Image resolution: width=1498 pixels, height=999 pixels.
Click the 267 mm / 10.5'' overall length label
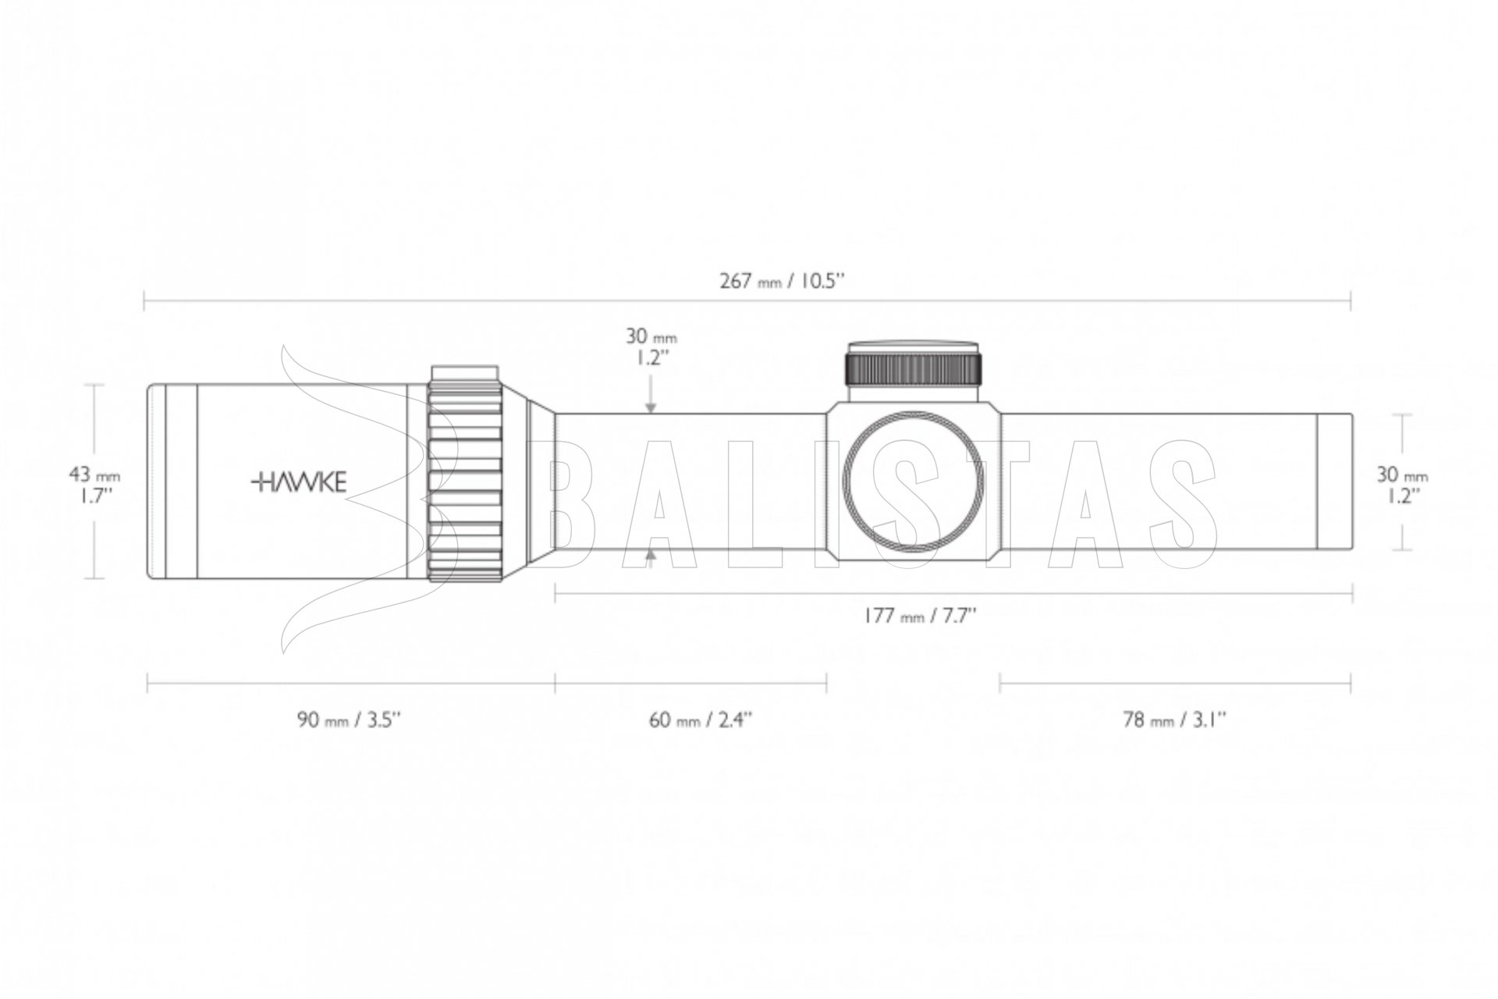click(x=783, y=281)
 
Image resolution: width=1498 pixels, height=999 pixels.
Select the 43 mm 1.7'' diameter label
click(x=94, y=485)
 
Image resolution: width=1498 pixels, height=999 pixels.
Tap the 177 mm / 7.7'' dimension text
click(x=919, y=616)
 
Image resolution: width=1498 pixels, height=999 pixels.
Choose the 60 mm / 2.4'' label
click(x=701, y=719)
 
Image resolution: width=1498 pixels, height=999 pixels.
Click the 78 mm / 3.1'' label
click(x=1175, y=719)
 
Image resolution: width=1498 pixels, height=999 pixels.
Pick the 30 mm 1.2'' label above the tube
click(x=651, y=347)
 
